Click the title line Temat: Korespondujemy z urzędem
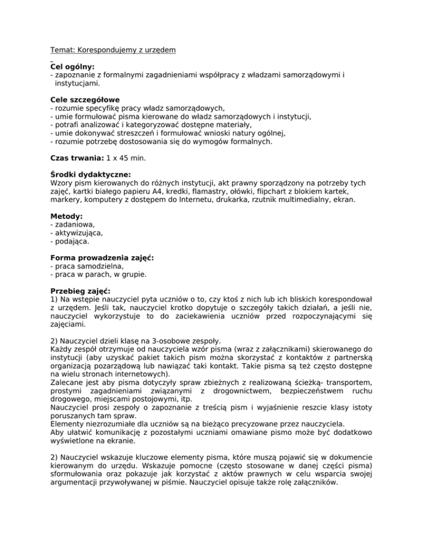pyautogui.click(x=113, y=50)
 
